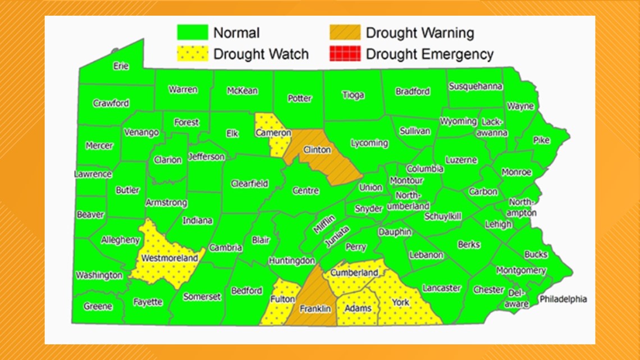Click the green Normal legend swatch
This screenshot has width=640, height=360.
[193, 33]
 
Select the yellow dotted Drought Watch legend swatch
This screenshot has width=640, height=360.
[193, 54]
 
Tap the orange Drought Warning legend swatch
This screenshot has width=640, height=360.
[344, 33]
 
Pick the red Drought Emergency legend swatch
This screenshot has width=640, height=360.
[344, 54]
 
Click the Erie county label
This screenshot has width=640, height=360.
[121, 66]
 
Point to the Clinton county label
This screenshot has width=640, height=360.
[317, 151]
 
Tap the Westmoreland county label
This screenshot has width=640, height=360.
[170, 258]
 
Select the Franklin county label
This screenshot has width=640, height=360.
[315, 309]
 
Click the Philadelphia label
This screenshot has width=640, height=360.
[563, 299]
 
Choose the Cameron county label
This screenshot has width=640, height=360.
[273, 133]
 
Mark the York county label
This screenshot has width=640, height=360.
[400, 302]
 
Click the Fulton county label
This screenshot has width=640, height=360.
[282, 299]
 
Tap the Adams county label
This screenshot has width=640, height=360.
[358, 308]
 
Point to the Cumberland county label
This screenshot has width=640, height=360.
[354, 273]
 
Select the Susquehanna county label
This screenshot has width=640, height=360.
[475, 86]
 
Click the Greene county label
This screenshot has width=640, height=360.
[98, 307]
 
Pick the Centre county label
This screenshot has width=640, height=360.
[305, 191]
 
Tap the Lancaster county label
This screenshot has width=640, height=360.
[441, 288]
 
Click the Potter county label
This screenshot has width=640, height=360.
[299, 98]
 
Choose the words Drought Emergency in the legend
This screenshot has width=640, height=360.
[429, 54]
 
